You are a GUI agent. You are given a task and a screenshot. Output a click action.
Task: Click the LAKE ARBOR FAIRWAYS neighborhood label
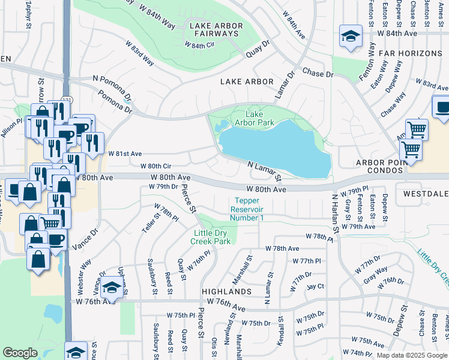click(215, 29)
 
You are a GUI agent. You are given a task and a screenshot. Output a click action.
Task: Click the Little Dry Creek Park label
click(210, 237)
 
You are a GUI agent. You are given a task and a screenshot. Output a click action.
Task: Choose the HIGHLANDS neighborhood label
click(226, 291)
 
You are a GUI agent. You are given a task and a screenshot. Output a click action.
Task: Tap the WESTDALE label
click(426, 194)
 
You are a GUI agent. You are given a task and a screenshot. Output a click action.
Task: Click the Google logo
click(20, 353)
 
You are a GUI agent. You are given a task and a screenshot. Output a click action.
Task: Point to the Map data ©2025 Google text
click(412, 355)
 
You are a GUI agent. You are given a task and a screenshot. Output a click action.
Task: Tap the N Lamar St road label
click(265, 170)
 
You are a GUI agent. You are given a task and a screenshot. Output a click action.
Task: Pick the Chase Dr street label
click(318, 73)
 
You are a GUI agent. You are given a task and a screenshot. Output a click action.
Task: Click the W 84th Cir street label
click(203, 45)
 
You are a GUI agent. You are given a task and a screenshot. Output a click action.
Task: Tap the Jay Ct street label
click(315, 287)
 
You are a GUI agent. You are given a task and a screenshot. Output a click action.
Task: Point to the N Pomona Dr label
click(112, 88)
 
